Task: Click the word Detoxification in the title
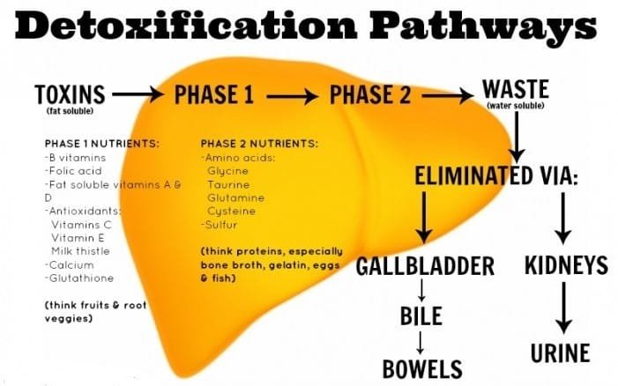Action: tap(186, 24)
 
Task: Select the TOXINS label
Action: tap(70, 94)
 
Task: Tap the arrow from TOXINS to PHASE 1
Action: tap(138, 94)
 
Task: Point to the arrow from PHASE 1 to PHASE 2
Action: tap(293, 96)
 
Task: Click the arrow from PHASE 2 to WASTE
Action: tap(448, 96)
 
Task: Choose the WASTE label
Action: tap(516, 89)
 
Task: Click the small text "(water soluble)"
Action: tap(516, 106)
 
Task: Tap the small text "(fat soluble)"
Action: tap(70, 111)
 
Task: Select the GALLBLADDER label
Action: tap(425, 266)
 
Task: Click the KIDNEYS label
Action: tap(566, 265)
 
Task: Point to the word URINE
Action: tap(560, 353)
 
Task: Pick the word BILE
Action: tap(421, 315)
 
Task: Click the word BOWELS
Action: tap(422, 369)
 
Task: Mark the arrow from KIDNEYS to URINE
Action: tap(564, 308)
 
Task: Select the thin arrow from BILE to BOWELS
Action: tap(421, 343)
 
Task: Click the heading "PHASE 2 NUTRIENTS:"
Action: tap(259, 144)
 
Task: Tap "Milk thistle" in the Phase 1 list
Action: tap(80, 251)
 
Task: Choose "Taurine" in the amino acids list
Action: tap(228, 185)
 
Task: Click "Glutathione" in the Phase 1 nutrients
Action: tap(81, 278)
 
